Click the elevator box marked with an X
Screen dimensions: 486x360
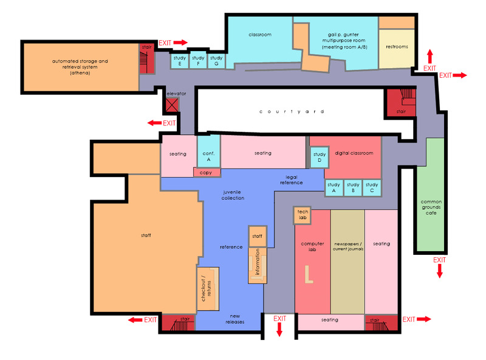(x=172, y=105)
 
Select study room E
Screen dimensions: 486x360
(x=179, y=61)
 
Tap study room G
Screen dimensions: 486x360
(x=216, y=61)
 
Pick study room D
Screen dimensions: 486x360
(x=320, y=157)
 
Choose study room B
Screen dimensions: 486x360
(x=353, y=188)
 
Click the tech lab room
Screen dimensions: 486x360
(x=302, y=215)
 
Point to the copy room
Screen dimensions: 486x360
(x=207, y=173)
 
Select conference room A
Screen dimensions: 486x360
(x=208, y=152)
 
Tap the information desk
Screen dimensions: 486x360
(x=257, y=265)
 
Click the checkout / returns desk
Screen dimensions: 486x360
(x=208, y=289)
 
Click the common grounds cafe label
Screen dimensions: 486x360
(x=431, y=207)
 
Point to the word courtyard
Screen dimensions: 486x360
(x=292, y=111)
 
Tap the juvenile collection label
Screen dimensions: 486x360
(x=233, y=195)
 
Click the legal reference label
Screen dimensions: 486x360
(x=292, y=180)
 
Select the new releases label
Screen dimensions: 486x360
(x=235, y=319)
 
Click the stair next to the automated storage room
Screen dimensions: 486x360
(x=146, y=58)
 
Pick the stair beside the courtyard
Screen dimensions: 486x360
(x=400, y=103)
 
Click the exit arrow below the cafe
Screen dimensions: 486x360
(x=439, y=271)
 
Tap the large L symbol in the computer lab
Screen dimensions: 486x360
(x=309, y=274)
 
